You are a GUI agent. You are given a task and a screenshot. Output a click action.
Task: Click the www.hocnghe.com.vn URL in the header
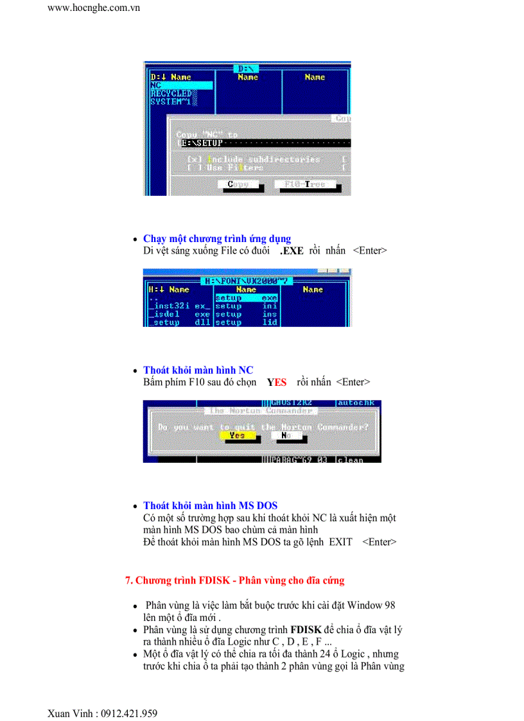(94, 8)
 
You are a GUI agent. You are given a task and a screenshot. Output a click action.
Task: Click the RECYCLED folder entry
(171, 94)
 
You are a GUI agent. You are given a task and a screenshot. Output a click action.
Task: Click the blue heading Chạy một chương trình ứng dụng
(217, 239)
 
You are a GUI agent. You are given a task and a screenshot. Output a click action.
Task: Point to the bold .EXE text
(292, 251)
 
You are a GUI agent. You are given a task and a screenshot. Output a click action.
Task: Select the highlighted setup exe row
(246, 298)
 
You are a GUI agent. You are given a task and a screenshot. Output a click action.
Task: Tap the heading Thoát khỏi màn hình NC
(198, 370)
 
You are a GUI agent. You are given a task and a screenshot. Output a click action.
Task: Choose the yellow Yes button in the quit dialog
(237, 435)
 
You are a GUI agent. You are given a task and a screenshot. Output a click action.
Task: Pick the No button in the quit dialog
(286, 435)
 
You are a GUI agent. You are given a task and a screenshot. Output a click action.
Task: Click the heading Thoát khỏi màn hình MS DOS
(210, 506)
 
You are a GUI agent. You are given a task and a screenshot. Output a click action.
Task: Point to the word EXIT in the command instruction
(340, 542)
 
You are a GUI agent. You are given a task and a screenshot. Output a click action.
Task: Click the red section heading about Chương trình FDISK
(234, 580)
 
